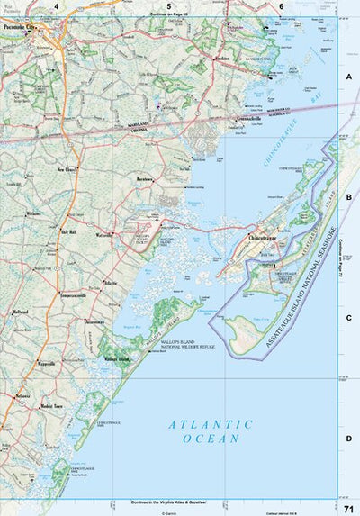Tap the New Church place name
pos(67,169)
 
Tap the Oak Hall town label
pos(68,231)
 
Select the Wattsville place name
pos(105,237)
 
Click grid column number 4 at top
pos(56,6)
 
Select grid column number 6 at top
pos(282,6)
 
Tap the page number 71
pos(347,508)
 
